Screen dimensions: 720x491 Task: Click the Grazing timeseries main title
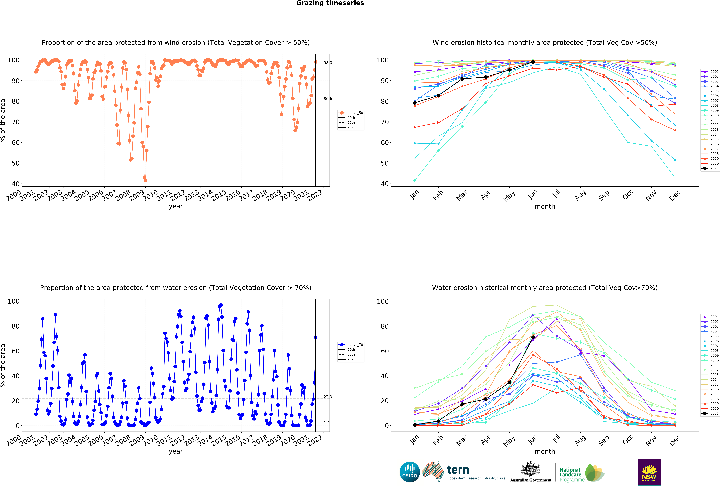[x=330, y=3]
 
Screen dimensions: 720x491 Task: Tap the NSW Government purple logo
[x=649, y=472]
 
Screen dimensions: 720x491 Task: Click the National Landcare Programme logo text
[x=572, y=475]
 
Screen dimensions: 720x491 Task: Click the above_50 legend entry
[x=351, y=113]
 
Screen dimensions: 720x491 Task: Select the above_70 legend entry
[x=351, y=345]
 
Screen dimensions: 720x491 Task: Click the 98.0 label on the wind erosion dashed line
[x=328, y=63]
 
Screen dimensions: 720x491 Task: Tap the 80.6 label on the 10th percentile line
[x=328, y=99]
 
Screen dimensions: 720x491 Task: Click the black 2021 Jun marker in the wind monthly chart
[x=533, y=62]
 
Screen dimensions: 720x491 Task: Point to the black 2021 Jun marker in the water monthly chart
[x=533, y=337]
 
